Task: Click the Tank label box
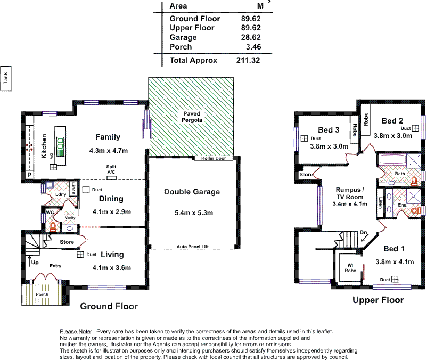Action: (6, 79)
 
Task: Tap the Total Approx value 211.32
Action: (248, 61)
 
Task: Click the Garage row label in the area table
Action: (183, 38)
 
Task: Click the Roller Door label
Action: (214, 158)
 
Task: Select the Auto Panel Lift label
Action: (192, 247)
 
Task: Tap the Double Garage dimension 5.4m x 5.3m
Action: (192, 213)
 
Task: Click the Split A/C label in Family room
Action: (111, 170)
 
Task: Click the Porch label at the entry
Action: (42, 294)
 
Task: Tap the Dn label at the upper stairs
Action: (363, 232)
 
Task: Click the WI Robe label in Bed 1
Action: (349, 267)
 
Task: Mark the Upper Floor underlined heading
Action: (378, 300)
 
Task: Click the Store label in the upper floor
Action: (306, 174)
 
